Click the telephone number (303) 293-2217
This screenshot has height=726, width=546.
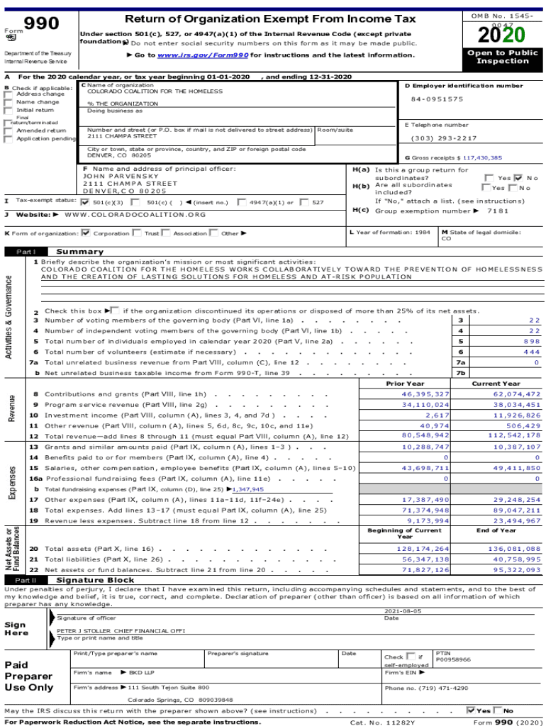click(x=443, y=138)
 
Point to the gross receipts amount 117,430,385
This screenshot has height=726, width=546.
click(x=480, y=157)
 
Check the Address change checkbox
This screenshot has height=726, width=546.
click(x=9, y=94)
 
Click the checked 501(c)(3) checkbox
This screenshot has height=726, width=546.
click(x=86, y=202)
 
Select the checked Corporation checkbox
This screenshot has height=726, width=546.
click(x=86, y=233)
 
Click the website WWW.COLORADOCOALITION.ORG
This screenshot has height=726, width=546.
click(x=135, y=214)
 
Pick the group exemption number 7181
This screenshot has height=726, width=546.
click(x=498, y=211)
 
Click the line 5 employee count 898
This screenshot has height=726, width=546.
click(x=531, y=341)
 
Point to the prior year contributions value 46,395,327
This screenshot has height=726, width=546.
click(x=425, y=393)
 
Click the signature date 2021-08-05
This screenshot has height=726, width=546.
click(x=403, y=610)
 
